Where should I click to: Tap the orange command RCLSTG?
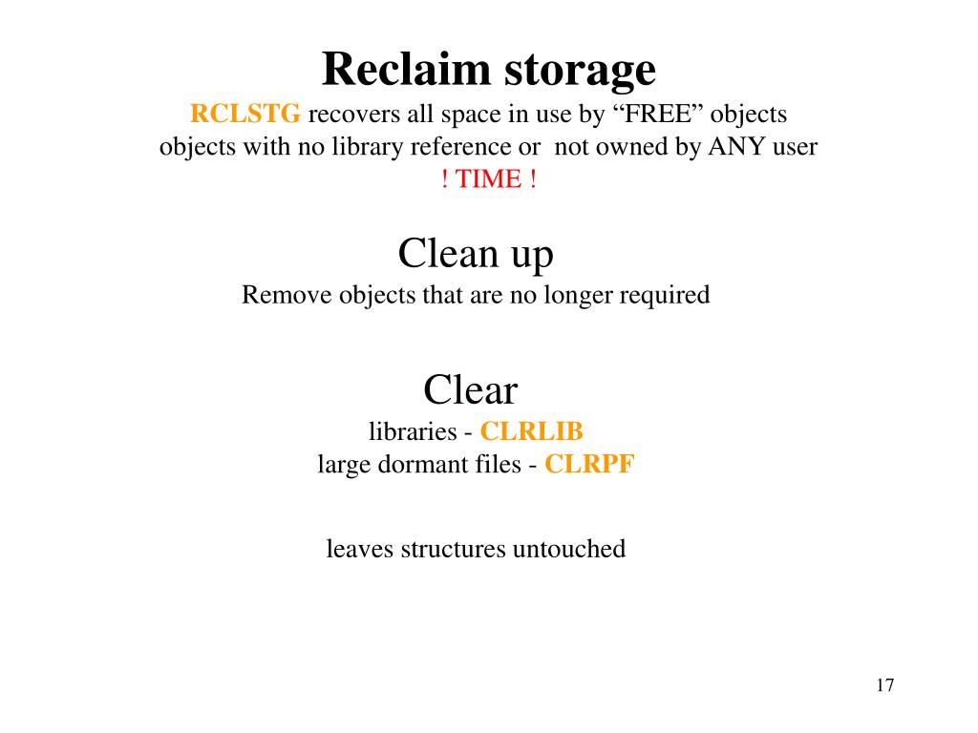(245, 115)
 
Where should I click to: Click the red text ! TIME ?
(489, 179)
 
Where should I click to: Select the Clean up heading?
(476, 255)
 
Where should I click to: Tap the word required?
(665, 296)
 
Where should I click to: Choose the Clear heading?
(470, 390)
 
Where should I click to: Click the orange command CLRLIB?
(531, 431)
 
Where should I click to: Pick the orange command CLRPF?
(589, 465)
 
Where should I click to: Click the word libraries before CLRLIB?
(413, 431)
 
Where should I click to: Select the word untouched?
(569, 549)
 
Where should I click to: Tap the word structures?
(453, 549)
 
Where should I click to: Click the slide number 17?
(883, 685)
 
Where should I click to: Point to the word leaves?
(360, 549)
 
